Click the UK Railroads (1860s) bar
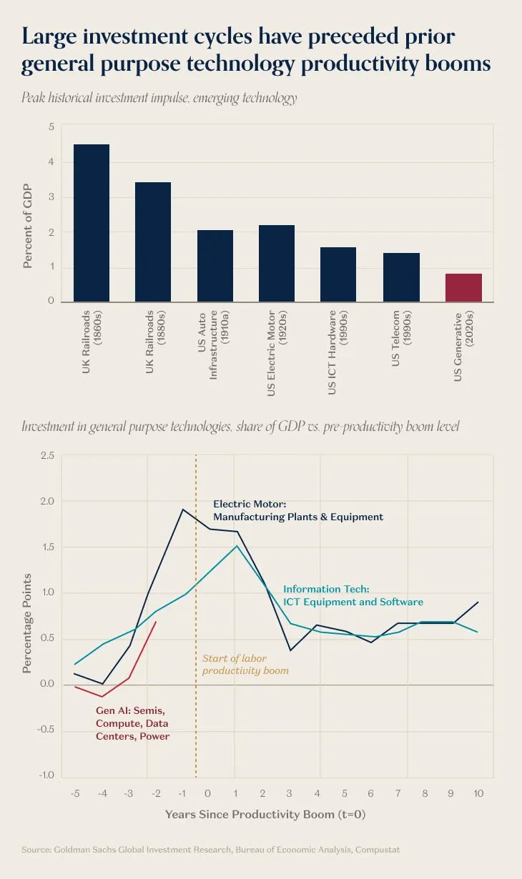point(92,222)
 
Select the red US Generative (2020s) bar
point(463,287)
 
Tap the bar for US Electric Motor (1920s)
point(277,263)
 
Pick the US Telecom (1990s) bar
point(401,277)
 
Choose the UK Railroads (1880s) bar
point(153,242)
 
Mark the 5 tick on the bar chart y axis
point(51,127)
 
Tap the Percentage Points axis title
point(27,622)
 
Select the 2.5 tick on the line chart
point(47,456)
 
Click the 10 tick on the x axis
point(478,794)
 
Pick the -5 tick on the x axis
point(75,794)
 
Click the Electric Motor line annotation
point(297,510)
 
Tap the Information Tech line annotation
point(353,596)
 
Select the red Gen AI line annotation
point(132,723)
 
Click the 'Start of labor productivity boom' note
point(245,665)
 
